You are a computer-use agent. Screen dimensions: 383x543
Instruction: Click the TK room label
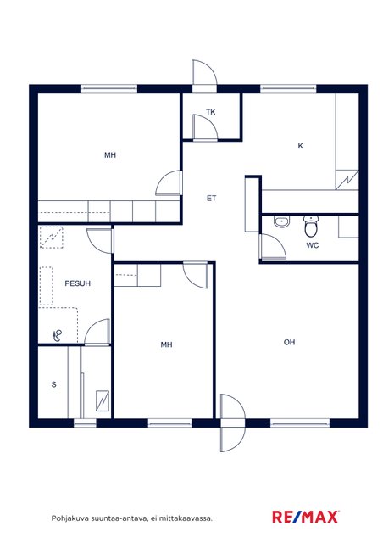coord(211,112)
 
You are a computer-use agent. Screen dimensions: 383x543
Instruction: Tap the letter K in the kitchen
coord(300,146)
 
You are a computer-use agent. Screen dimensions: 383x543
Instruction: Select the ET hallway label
coord(211,198)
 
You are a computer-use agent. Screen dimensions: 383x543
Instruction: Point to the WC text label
coord(313,245)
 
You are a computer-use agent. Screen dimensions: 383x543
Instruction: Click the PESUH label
coord(77,283)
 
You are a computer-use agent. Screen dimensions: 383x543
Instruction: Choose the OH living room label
coord(289,342)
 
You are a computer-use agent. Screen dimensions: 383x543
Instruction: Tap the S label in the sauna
coord(53,384)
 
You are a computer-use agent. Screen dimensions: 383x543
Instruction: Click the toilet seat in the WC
coord(311,227)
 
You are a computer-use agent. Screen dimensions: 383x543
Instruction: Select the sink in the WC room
coord(281,222)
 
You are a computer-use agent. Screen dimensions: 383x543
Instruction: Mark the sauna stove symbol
coord(103,400)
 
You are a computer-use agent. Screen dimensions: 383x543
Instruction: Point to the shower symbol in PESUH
coord(58,335)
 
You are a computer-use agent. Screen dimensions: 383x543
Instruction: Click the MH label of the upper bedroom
coord(110,155)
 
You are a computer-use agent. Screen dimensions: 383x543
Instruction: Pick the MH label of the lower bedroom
coord(166,344)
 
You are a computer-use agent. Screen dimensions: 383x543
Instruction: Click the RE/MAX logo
coord(305,517)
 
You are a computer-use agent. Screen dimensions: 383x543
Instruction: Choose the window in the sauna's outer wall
coord(85,423)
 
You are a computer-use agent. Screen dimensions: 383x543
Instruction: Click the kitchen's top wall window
coord(288,89)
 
